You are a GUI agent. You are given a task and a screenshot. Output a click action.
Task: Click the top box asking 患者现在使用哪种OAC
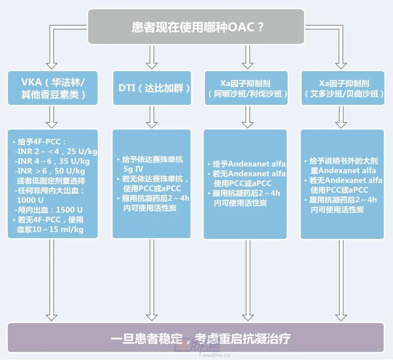(196, 27)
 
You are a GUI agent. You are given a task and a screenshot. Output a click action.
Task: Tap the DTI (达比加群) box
(152, 88)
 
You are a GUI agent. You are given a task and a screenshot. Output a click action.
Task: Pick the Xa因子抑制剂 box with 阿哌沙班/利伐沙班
(246, 88)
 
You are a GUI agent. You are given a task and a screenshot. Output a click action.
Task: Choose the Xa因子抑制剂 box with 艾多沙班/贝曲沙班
(343, 88)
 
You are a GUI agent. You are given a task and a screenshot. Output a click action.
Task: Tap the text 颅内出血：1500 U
(49, 210)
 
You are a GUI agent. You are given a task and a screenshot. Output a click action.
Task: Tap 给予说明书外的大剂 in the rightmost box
(343, 161)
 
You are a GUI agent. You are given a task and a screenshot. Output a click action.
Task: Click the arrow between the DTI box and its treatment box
(152, 117)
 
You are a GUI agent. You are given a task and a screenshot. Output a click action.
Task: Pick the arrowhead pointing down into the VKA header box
(51, 65)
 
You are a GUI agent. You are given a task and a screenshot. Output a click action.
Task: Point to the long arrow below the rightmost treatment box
(341, 280)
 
